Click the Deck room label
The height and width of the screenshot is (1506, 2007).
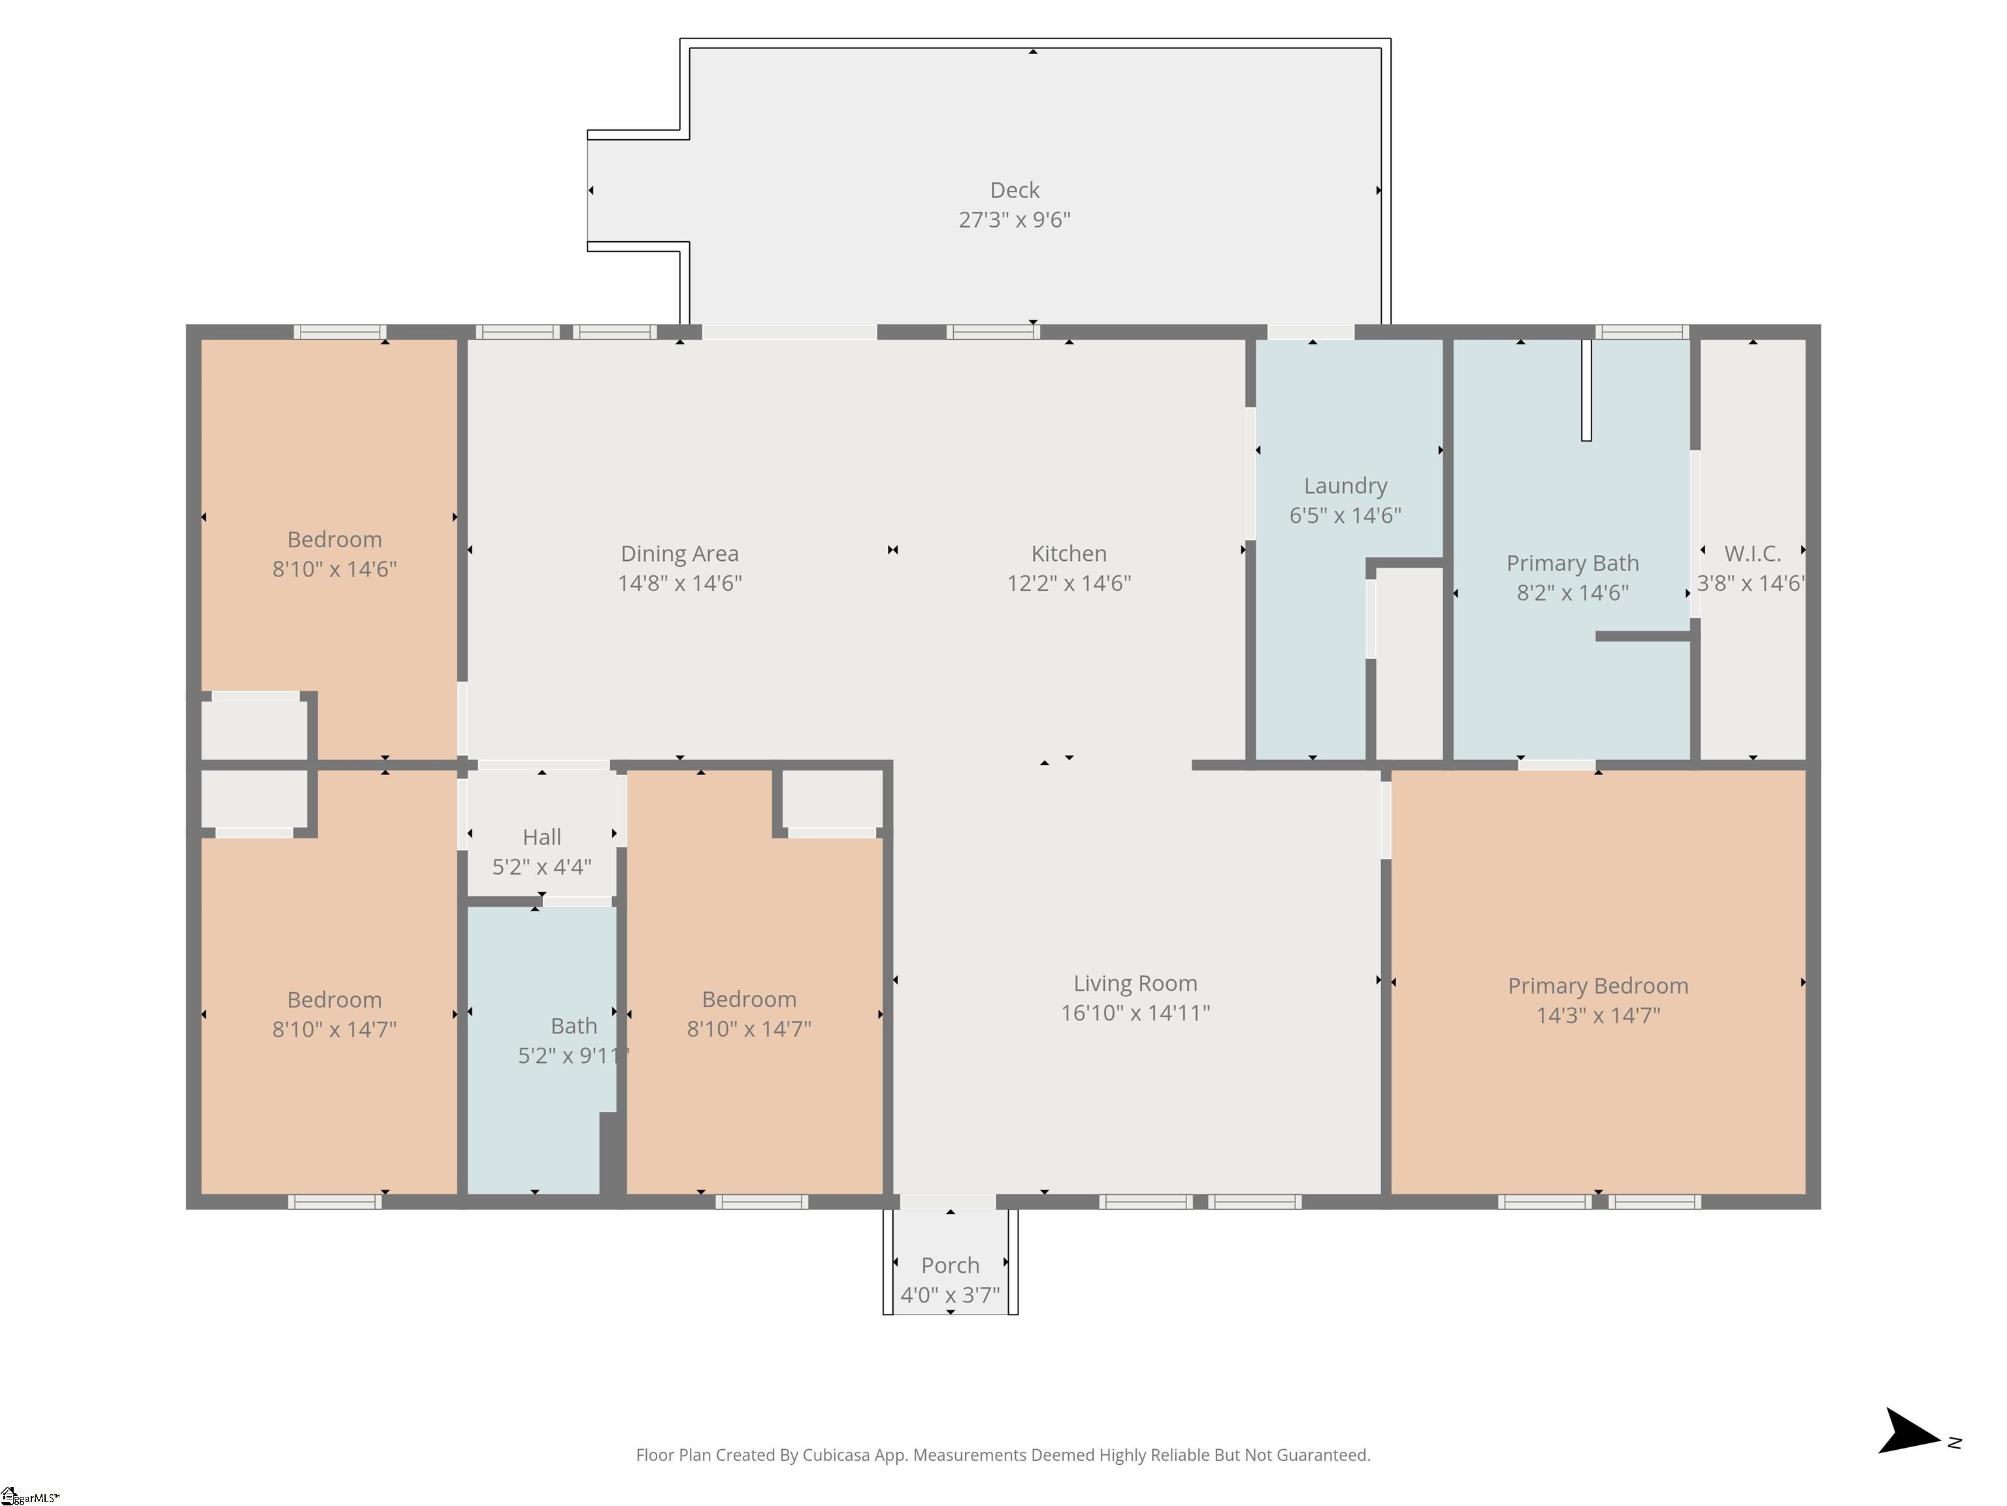click(1015, 190)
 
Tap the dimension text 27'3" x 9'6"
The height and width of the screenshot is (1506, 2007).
click(1015, 220)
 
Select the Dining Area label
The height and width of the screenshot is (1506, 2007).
click(679, 554)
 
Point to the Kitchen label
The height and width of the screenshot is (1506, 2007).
click(1069, 554)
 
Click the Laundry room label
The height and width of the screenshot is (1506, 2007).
click(1346, 486)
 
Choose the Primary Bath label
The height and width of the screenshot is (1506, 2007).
click(1573, 563)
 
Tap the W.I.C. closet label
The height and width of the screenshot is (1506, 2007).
click(1752, 554)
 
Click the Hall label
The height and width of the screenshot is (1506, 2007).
click(542, 837)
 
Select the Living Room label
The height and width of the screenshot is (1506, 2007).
click(1135, 983)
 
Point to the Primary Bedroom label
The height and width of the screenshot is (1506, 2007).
click(1598, 986)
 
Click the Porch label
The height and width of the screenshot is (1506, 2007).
click(950, 1265)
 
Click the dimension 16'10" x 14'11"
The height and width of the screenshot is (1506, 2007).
click(1135, 1013)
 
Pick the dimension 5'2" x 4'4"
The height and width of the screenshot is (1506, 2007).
click(542, 867)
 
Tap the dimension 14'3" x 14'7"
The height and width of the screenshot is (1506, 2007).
click(1598, 1016)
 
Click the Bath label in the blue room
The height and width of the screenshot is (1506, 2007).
click(574, 1026)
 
